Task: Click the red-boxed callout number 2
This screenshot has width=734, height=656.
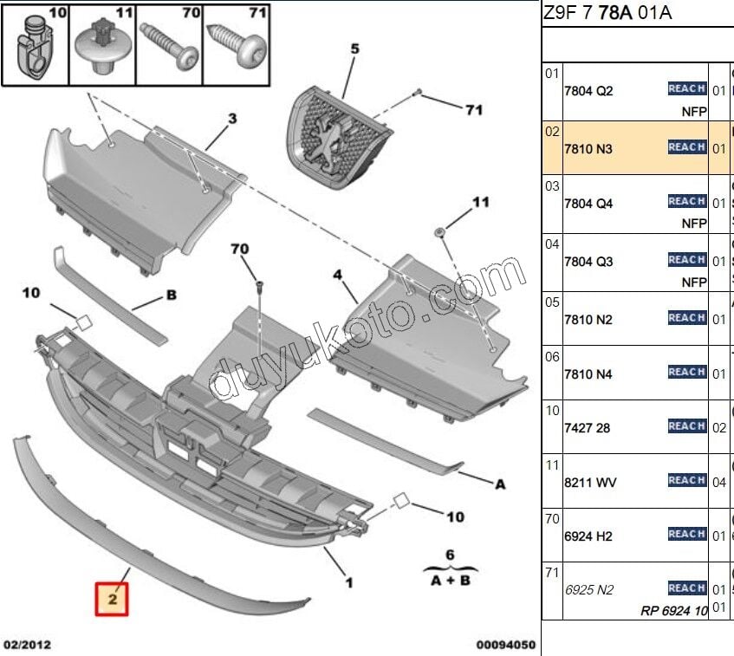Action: [113, 598]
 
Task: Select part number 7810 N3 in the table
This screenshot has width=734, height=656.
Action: [588, 149]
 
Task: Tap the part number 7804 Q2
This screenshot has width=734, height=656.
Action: [588, 90]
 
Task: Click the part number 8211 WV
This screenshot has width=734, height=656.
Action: [589, 482]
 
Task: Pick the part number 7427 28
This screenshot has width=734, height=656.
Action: [588, 428]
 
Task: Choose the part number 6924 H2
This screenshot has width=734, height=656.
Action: [588, 536]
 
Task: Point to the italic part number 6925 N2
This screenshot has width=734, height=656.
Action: [588, 590]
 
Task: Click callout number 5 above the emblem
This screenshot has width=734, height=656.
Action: [354, 49]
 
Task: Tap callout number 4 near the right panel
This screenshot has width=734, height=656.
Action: [338, 276]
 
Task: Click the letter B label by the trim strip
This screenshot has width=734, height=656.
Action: [171, 296]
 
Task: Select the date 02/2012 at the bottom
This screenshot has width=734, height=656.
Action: [27, 644]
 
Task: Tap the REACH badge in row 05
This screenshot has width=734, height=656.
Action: [686, 318]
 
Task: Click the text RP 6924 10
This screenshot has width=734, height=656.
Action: [674, 611]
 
